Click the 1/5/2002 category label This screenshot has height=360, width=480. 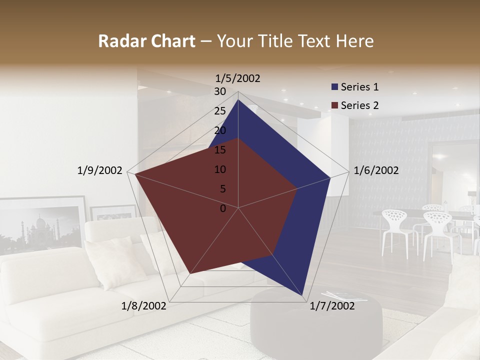[x=238, y=78]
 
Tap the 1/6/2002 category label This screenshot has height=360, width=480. [x=376, y=170]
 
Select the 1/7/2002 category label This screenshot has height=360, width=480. [x=332, y=306]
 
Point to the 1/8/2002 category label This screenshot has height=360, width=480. [x=144, y=306]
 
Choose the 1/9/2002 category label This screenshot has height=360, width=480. [x=100, y=170]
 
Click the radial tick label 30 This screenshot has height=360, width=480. [x=220, y=91]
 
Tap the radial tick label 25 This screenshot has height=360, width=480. [x=220, y=111]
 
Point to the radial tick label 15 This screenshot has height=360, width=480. [x=220, y=150]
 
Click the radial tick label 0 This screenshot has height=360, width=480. [x=223, y=208]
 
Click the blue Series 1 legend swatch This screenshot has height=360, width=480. [x=334, y=87]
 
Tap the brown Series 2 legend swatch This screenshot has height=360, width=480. [x=334, y=105]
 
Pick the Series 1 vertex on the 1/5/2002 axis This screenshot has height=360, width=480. [x=238, y=99]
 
